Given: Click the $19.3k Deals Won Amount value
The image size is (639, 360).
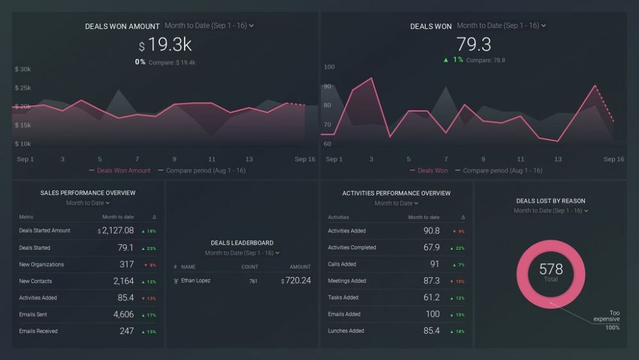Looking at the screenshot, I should point(166,45).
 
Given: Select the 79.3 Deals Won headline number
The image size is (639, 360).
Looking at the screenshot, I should point(473,45).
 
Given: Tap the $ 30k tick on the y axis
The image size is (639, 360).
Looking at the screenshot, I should point(23,69).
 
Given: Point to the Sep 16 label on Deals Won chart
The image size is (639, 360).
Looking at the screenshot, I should point(613,159).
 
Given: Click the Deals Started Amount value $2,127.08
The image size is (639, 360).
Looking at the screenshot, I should point(116,231).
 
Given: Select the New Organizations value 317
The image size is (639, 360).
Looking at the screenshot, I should point(127,265).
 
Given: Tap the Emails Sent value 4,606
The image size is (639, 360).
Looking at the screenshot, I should point(123,315).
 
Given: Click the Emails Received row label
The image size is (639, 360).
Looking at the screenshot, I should point(38,331).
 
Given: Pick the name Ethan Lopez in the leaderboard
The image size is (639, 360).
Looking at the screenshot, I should point(196,281).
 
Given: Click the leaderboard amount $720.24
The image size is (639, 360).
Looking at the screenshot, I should point(296,281).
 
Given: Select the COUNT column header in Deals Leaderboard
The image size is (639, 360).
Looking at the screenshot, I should point(250,267).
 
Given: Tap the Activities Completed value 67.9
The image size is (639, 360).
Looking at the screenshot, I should point(431,247).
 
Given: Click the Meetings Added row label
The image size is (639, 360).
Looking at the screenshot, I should point(347,281).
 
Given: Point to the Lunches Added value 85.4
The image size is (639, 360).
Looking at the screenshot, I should point(431,331).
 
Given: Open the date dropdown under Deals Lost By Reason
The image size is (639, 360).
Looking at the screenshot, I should point(551,210).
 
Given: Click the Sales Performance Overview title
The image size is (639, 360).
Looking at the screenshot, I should point(88,193).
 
